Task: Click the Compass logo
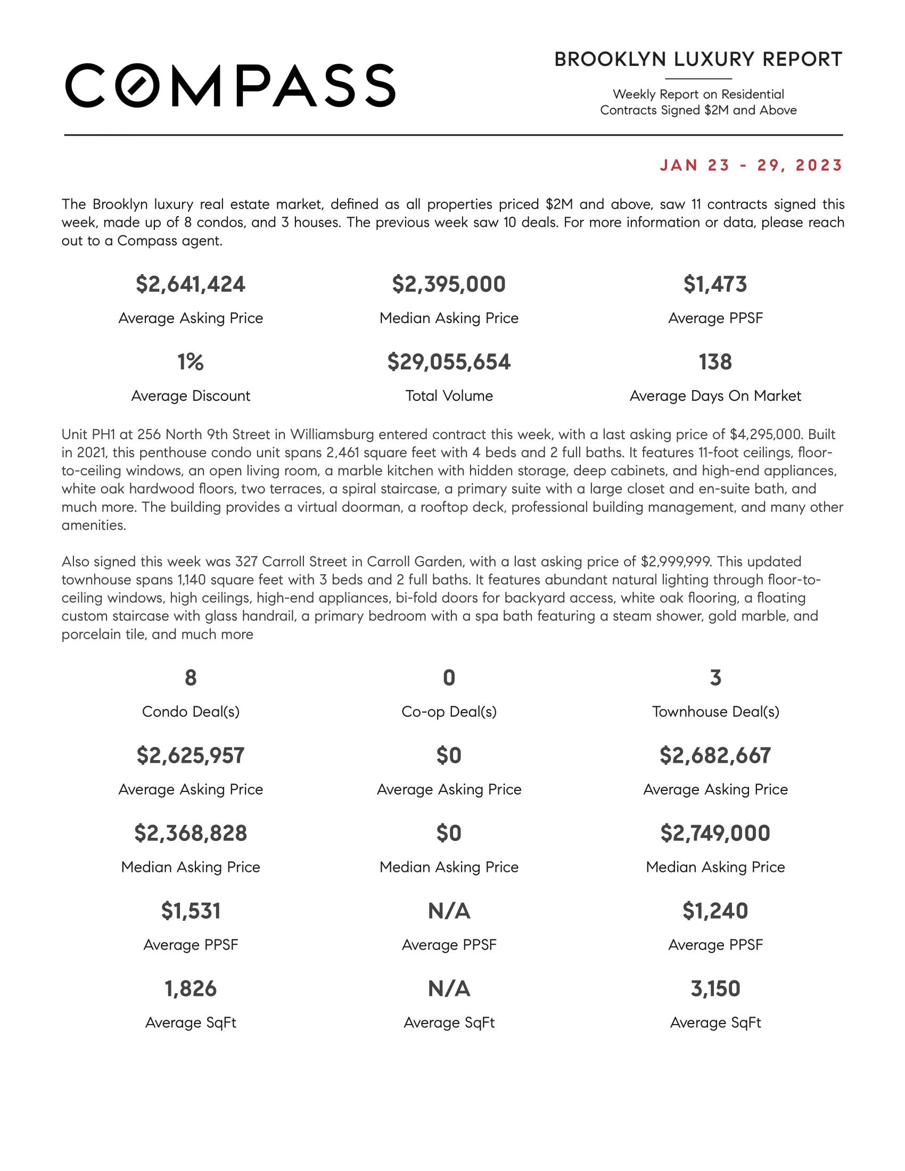coord(231,86)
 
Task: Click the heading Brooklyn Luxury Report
coord(698,60)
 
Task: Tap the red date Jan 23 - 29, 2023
coord(751,165)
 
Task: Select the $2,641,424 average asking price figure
coord(191,284)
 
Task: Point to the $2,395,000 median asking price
coord(449,284)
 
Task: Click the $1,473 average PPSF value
coord(714,284)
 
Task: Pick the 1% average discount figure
coord(191,362)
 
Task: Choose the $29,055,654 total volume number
coord(449,362)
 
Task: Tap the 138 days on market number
coord(714,362)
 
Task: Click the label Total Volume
coord(449,395)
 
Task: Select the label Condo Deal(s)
coord(191,712)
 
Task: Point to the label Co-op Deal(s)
coord(449,712)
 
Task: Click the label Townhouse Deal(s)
coord(715,712)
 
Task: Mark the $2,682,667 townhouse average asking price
coord(715,755)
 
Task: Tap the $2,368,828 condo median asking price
coord(191,833)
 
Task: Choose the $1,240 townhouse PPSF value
coord(715,911)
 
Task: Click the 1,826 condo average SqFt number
coord(191,989)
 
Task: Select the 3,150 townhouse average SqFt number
coord(715,989)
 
